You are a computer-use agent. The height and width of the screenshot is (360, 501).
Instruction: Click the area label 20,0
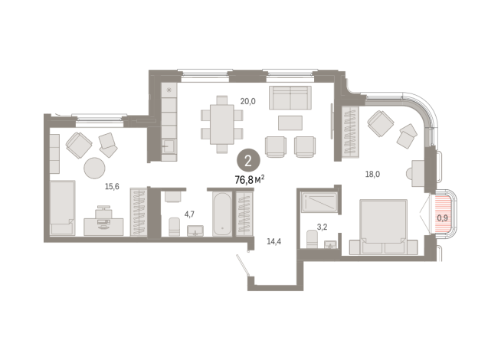click(x=247, y=101)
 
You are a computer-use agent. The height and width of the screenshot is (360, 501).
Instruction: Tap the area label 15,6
click(x=112, y=187)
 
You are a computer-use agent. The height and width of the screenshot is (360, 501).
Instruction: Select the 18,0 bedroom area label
click(x=372, y=174)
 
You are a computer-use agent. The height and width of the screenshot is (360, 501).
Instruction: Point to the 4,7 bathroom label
click(x=189, y=214)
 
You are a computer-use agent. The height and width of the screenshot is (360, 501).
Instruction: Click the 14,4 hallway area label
click(x=273, y=241)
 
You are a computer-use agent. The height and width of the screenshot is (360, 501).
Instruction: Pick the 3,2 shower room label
click(x=322, y=227)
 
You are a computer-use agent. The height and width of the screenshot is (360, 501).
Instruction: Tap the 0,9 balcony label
click(x=443, y=218)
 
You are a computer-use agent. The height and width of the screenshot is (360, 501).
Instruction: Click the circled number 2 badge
click(x=248, y=161)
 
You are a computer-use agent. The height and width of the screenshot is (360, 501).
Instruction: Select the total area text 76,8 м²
click(x=250, y=179)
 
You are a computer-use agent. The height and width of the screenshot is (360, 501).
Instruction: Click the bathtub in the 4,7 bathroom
click(x=221, y=214)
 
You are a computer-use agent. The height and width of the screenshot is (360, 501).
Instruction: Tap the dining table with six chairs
click(x=221, y=124)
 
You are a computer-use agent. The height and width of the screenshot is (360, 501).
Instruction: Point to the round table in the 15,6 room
click(x=94, y=168)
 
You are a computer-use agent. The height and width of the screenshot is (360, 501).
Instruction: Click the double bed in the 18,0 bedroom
click(x=384, y=227)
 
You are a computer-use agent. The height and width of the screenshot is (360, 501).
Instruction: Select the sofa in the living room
click(x=290, y=98)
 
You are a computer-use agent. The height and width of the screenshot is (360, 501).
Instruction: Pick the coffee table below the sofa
click(x=290, y=123)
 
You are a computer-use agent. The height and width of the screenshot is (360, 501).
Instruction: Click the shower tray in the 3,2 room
click(x=319, y=202)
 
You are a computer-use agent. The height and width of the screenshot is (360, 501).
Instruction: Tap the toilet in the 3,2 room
click(x=312, y=239)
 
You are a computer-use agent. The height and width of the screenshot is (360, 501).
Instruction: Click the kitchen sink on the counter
click(x=169, y=146)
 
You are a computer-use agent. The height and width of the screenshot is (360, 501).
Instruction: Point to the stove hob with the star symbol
click(x=169, y=90)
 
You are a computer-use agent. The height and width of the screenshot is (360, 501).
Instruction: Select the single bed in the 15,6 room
click(x=63, y=208)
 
